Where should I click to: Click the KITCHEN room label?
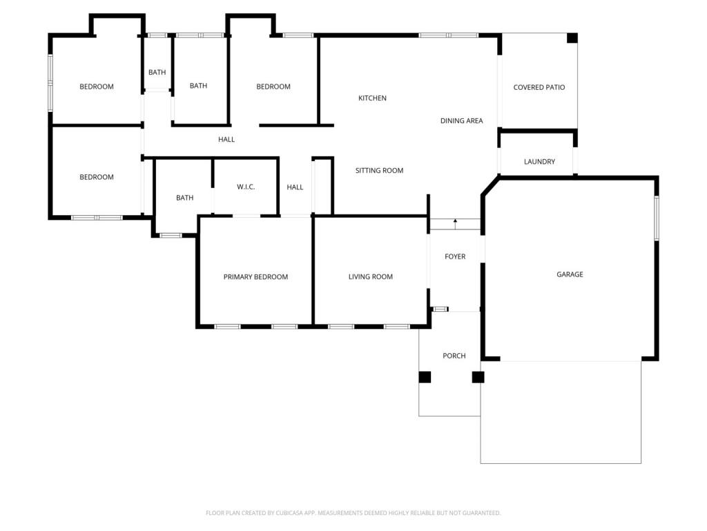[372, 98]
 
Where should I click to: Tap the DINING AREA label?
[461, 120]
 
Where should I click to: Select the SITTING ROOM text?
[379, 170]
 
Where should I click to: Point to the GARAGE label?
[570, 274]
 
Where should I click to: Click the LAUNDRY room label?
[539, 162]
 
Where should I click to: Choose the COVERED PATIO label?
[539, 87]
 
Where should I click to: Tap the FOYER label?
[455, 257]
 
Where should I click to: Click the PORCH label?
[454, 356]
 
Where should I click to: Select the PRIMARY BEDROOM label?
[255, 277]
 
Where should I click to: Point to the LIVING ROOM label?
[370, 277]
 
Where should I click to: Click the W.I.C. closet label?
[246, 187]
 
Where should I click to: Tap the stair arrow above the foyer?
[456, 224]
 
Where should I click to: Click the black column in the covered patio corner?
[572, 38]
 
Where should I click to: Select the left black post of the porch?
[425, 377]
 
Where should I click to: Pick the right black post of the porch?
[478, 377]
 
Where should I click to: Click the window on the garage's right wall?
[657, 218]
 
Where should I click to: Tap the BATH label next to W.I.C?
[184, 198]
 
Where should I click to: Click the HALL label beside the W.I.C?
[295, 187]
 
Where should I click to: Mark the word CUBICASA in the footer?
[289, 513]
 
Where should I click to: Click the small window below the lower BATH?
[171, 235]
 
